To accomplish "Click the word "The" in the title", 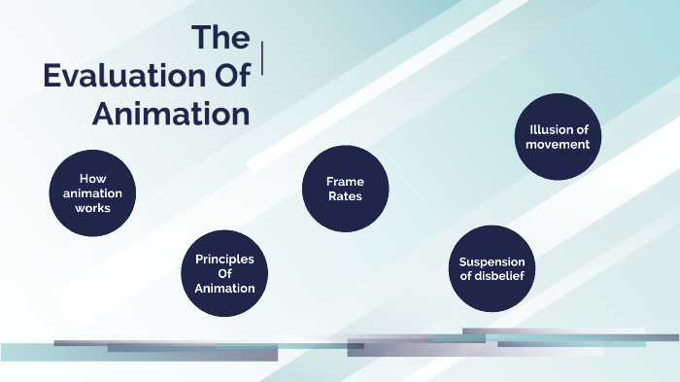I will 221,39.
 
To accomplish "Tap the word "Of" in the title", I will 229,77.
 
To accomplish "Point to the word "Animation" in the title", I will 171,114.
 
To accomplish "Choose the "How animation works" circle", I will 92,193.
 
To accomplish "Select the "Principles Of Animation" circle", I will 224,273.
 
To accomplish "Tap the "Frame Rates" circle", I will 345,189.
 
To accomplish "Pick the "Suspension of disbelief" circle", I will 492,268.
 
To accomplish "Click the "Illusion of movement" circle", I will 558,137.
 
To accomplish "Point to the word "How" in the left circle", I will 92,179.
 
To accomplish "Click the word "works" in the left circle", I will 93,208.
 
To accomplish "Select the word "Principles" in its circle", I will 224,259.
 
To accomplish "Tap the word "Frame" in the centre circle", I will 345,182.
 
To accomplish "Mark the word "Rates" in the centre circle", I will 345,196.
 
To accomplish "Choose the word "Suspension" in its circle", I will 492,261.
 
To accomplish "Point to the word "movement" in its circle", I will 558,145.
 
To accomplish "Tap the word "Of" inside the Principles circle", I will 224,273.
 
